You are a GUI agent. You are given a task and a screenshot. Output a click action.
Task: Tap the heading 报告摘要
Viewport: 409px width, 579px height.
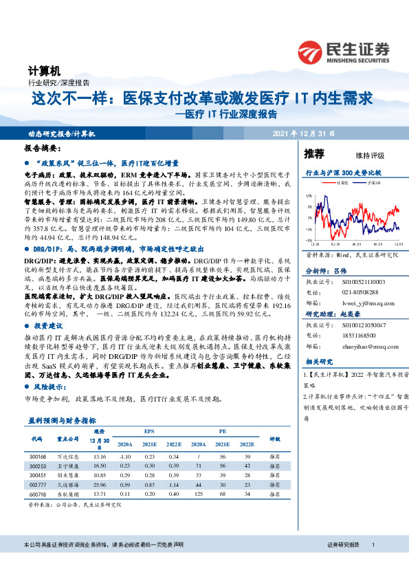tap(43, 149)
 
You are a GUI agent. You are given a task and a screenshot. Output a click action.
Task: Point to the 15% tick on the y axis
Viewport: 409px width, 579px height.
tap(310, 196)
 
